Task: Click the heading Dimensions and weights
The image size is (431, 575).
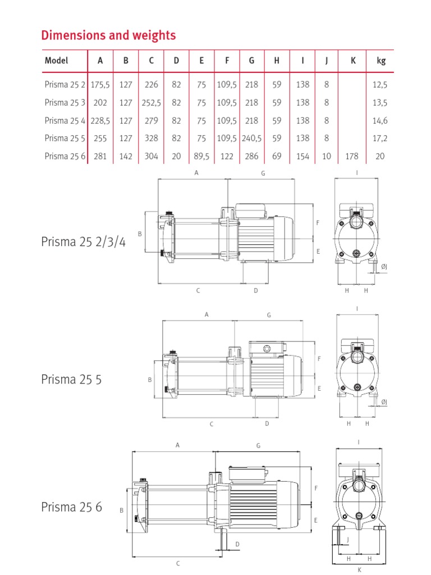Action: pos(108,35)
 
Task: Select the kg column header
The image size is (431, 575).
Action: pos(381,61)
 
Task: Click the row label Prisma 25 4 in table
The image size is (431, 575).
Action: pos(65,120)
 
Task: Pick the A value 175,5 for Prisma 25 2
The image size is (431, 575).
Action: pos(100,85)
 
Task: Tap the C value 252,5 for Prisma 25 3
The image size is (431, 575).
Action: pos(151,103)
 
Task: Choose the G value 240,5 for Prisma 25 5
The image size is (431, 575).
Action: pos(251,138)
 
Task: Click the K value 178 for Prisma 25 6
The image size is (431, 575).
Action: pos(353,156)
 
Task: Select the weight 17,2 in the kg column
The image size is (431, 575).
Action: pos(381,138)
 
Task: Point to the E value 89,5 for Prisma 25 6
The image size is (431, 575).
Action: pos(201,156)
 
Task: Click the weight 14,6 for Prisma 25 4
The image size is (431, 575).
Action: pos(381,120)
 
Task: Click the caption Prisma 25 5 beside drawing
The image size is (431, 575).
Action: pos(71,379)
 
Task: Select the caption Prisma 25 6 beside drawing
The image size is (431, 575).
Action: pos(71,507)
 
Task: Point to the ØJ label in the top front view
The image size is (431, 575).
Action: pos(384,267)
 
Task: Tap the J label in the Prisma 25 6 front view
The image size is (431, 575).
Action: pos(348,540)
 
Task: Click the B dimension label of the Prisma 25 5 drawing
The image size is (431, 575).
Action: pos(150,380)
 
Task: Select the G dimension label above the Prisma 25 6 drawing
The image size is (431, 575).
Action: pos(259,445)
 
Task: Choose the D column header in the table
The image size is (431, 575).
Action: pos(176,61)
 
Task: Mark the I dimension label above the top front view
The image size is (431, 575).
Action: pos(356,173)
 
